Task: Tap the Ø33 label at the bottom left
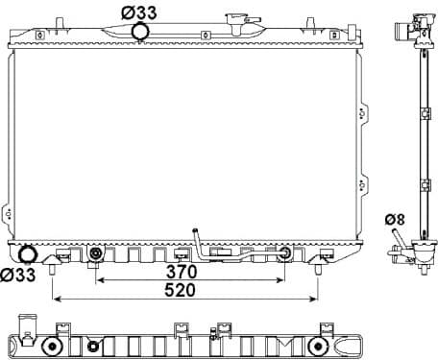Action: coord(18,276)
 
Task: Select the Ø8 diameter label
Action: coord(394,220)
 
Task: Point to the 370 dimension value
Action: coord(189,271)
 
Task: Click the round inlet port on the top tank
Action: coord(140,33)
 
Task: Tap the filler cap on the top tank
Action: coord(235,20)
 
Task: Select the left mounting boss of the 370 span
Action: coord(95,254)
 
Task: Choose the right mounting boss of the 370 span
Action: coord(284,254)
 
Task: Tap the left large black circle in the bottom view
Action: coord(55,345)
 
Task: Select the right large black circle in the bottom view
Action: coord(317,345)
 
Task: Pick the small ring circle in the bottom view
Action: coord(93,346)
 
